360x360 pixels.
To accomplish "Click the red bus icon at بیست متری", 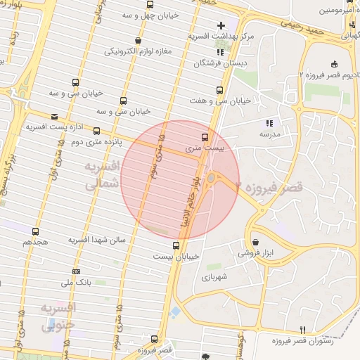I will tap(205, 136).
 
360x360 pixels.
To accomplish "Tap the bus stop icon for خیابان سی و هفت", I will tap(220, 91).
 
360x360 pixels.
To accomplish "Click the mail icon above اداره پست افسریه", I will tap(55, 117).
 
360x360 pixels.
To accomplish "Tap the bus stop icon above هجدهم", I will tap(35, 231).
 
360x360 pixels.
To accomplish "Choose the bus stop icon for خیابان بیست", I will tap(176, 245).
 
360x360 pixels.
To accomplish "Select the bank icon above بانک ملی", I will tap(76, 271).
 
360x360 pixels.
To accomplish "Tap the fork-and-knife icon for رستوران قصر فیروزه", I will tap(302, 330).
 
